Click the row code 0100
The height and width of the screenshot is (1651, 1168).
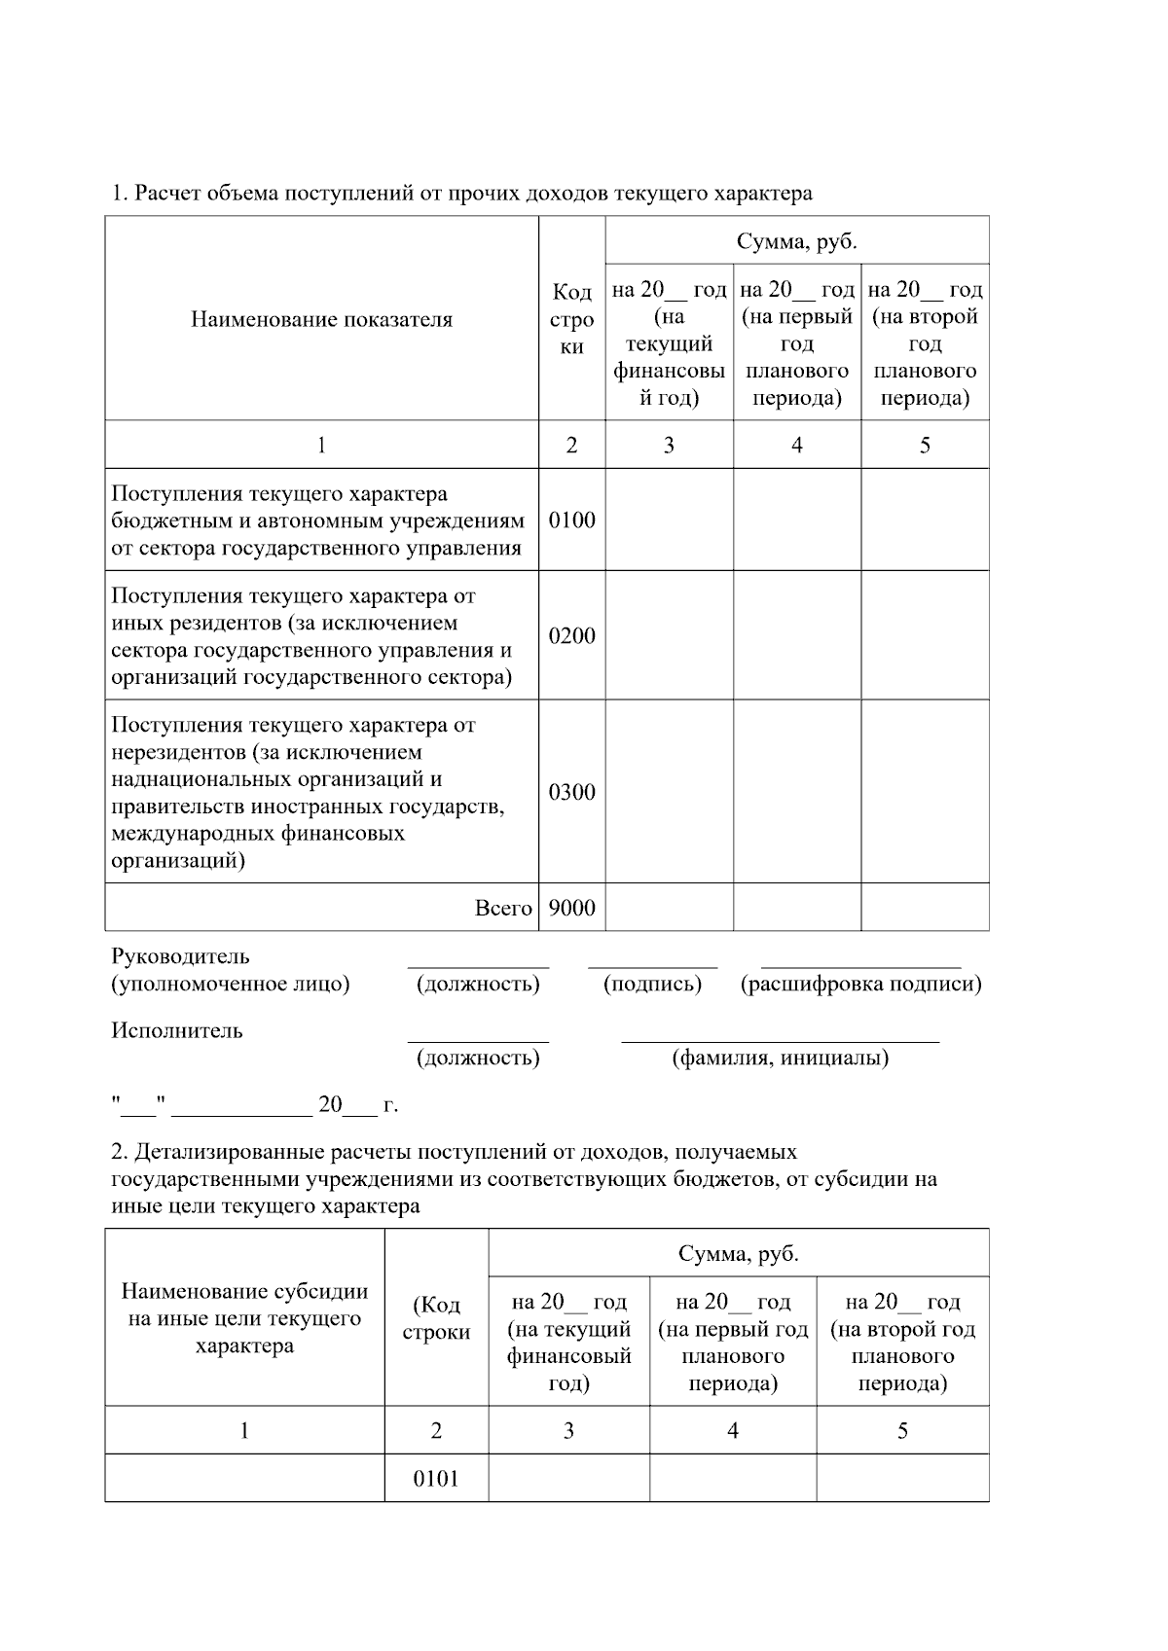[571, 520]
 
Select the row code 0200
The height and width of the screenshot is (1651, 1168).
[571, 635]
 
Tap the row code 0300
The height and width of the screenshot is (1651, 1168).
[571, 792]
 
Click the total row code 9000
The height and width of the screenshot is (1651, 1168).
[571, 908]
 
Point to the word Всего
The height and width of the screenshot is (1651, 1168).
[503, 908]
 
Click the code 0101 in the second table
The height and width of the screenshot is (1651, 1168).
[436, 1479]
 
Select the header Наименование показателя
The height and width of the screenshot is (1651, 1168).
[321, 319]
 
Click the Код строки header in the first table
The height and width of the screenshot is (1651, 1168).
[571, 319]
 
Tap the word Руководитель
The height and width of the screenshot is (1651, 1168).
[180, 956]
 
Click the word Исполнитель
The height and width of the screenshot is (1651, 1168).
[177, 1030]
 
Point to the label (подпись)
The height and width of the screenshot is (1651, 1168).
[652, 984]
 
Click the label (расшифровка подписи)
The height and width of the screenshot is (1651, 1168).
[860, 984]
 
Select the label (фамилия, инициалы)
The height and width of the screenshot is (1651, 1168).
[781, 1058]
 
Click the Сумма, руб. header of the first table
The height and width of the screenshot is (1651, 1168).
[796, 240]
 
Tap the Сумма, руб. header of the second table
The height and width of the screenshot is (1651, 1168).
[738, 1253]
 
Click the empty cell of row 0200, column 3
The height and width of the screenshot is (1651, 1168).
[669, 635]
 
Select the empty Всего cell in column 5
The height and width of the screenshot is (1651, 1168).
[925, 908]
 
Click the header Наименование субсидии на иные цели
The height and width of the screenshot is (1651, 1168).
[244, 1318]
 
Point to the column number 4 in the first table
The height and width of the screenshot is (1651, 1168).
[796, 445]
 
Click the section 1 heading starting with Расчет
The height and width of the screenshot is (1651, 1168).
[462, 194]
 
